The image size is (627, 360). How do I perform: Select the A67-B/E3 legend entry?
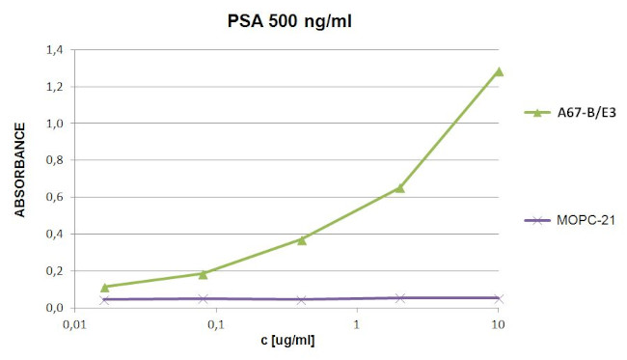[x=577, y=113]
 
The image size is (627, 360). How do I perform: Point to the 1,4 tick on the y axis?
[x=56, y=50]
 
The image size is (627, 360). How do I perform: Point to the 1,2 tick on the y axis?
[x=56, y=87]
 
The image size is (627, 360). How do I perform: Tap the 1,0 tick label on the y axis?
[x=56, y=124]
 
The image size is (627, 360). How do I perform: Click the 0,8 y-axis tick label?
[x=56, y=160]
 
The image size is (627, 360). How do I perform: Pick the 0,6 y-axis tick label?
[x=56, y=197]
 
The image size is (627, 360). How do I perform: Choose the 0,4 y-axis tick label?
[x=56, y=234]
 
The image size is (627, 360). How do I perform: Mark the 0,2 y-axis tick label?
[x=56, y=271]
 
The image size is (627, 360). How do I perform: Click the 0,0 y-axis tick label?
[x=56, y=308]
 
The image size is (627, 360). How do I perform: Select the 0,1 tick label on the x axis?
[x=217, y=324]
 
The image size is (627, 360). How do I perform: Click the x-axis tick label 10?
[x=498, y=324]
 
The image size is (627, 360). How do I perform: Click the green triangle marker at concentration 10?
[x=499, y=71]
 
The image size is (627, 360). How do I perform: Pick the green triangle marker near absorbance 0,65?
[x=399, y=188]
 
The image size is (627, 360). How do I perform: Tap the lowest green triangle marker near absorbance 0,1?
[x=104, y=287]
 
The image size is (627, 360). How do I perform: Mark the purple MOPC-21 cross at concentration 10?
[x=499, y=298]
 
